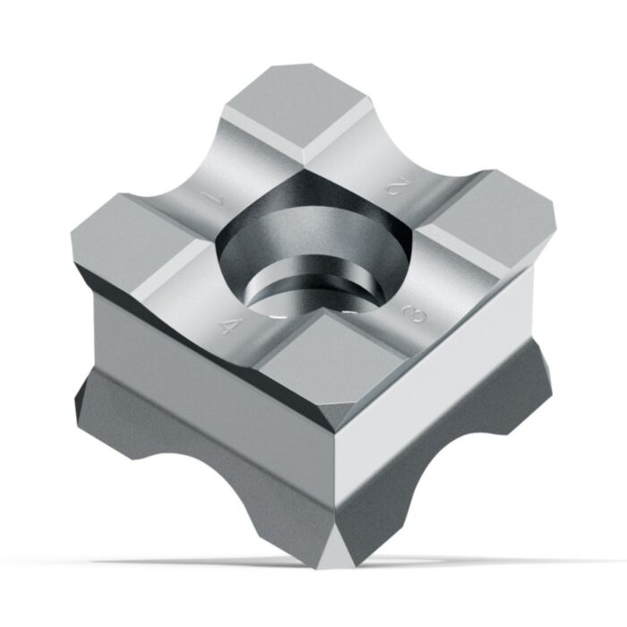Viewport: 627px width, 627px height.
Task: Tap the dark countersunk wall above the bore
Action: pos(305,210)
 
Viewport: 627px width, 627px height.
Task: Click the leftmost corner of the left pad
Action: pos(73,235)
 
